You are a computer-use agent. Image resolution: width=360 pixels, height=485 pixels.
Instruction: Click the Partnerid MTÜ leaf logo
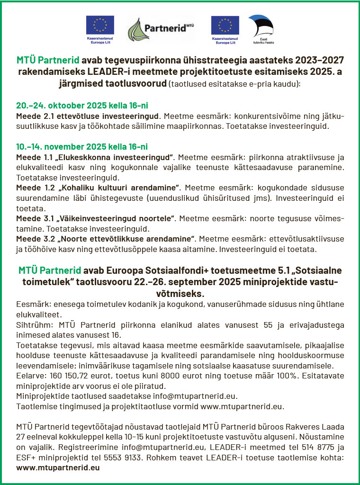pyautogui.click(x=138, y=29)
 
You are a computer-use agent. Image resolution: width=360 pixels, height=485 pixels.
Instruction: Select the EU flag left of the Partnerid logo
pyautogui.click(x=99, y=26)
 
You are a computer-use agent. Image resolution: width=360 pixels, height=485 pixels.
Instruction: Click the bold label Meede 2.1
pyautogui.click(x=36, y=116)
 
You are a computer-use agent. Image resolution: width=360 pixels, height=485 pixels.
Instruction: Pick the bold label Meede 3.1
pyautogui.click(x=36, y=218)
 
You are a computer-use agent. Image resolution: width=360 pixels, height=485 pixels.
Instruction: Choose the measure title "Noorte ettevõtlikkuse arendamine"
pyautogui.click(x=126, y=238)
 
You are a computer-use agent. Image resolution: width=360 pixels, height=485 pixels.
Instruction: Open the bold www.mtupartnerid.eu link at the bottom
pyautogui.click(x=58, y=468)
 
